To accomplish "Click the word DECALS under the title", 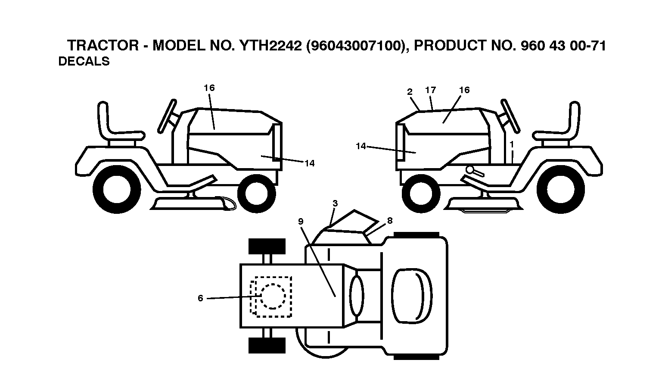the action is (x=84, y=61).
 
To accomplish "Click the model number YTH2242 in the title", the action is (x=270, y=46).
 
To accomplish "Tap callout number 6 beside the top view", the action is (x=200, y=298).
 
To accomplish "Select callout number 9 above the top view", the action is (x=301, y=221).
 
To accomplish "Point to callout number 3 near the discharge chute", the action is (x=335, y=203).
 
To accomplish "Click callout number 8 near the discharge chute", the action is (x=390, y=220).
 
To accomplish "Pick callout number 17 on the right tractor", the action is (x=430, y=90).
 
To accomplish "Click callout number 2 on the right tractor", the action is (x=410, y=92).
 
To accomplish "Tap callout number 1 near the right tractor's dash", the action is (x=512, y=144).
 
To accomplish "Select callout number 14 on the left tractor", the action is (x=309, y=163).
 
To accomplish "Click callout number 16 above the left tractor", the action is (x=209, y=88).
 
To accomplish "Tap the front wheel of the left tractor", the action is (x=257, y=194).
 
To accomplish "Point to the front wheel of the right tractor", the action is (x=421, y=194).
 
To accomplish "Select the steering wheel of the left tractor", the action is (x=167, y=116).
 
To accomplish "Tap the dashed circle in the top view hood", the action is (x=273, y=296).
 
